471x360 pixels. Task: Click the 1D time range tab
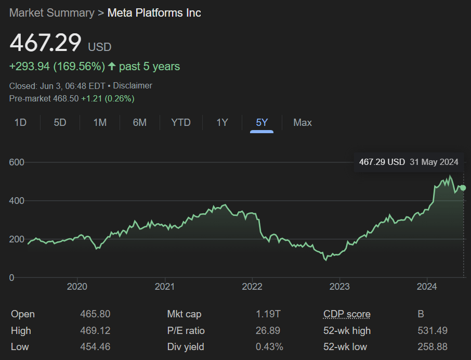pos(20,123)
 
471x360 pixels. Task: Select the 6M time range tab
pos(139,123)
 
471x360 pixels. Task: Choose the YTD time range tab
pos(181,123)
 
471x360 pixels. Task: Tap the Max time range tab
pos(303,123)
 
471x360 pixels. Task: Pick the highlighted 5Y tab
pos(261,123)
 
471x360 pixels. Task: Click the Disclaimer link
pos(133,86)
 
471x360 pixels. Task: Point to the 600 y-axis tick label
pos(17,162)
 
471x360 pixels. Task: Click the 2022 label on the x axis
pos(252,287)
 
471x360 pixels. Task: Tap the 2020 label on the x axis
pos(77,287)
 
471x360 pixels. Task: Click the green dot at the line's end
pos(463,188)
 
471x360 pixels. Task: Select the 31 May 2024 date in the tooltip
pos(434,162)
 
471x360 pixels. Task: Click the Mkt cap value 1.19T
pos(268,314)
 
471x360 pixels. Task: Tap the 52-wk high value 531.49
pos(433,331)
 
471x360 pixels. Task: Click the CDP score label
pos(347,314)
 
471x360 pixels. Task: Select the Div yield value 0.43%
pos(269,347)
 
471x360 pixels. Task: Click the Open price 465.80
pos(95,314)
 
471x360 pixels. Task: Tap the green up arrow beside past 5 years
pos(112,67)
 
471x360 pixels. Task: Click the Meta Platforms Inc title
pos(154,13)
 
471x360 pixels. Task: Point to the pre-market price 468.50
pos(67,98)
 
